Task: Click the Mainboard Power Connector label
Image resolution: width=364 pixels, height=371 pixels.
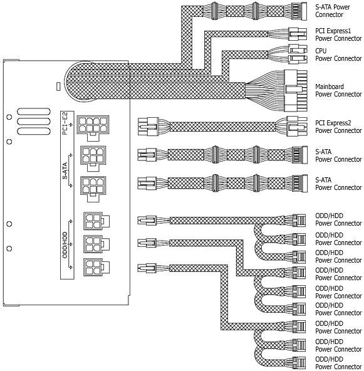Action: [x=338, y=90]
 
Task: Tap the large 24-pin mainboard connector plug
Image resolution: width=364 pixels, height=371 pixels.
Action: [x=296, y=91]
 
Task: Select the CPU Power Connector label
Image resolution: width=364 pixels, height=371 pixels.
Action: [x=338, y=55]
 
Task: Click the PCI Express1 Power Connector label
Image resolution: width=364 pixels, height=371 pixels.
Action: [x=338, y=34]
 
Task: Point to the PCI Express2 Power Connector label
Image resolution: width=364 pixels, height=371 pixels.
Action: [x=338, y=127]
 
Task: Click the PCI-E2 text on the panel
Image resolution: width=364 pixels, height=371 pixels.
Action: [x=65, y=123]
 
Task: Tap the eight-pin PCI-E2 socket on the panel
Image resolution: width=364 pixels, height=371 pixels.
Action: [x=93, y=128]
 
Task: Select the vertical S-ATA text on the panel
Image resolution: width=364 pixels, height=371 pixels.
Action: [x=65, y=170]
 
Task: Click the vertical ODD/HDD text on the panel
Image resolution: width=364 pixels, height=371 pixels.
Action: [x=65, y=245]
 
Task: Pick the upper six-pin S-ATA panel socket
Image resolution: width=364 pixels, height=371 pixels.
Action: [x=93, y=158]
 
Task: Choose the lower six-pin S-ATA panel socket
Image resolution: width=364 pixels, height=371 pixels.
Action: [x=93, y=189]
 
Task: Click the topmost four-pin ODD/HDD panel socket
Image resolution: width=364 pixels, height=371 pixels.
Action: [x=96, y=221]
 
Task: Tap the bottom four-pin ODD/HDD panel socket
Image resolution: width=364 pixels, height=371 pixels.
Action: [x=96, y=268]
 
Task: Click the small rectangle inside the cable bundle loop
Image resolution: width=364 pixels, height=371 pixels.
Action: [x=58, y=86]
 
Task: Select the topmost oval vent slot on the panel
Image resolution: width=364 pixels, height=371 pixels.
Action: [x=34, y=112]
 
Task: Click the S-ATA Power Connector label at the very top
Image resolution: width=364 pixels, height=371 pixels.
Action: [x=333, y=11]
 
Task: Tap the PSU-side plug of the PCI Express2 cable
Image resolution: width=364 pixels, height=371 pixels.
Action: [x=148, y=127]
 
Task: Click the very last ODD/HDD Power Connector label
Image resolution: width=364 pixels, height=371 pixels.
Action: [x=338, y=363]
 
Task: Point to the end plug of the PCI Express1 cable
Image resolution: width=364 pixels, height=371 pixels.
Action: [x=298, y=34]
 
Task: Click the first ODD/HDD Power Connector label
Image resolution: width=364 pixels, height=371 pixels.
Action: [x=338, y=219]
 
